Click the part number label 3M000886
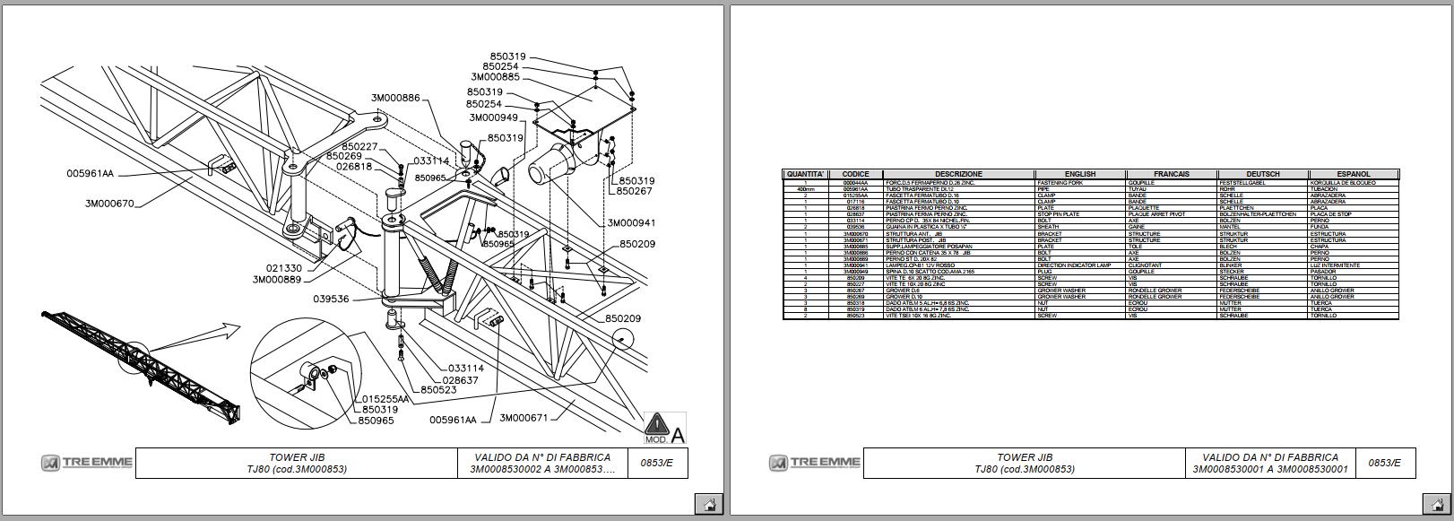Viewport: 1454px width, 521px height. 395,98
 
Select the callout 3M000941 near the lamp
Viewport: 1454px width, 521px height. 632,223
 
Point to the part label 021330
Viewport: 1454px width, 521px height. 283,268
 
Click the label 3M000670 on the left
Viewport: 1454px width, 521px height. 109,204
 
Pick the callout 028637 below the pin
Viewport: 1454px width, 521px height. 460,380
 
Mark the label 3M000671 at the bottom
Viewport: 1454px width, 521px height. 524,418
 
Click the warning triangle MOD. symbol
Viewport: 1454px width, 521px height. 657,423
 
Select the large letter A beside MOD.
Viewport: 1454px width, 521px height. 678,435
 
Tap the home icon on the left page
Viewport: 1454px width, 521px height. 708,503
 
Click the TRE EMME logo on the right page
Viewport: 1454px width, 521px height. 814,463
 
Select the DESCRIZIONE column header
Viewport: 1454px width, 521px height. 958,174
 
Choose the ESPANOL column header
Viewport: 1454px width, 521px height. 1353,174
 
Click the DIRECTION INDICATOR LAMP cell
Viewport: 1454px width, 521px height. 1080,265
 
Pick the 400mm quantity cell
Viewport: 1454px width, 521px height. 805,189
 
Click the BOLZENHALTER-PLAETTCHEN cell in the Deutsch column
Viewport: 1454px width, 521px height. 1258,214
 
